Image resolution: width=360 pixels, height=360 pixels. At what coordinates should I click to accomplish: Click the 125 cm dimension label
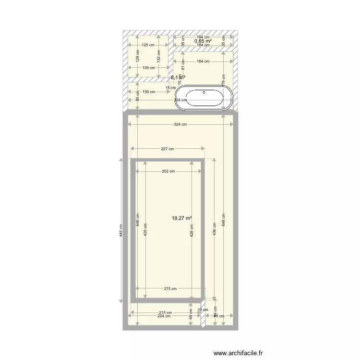click(148, 45)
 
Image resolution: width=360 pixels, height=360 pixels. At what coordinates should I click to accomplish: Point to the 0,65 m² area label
click(203, 41)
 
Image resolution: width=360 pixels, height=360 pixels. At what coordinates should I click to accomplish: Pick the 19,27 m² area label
click(181, 218)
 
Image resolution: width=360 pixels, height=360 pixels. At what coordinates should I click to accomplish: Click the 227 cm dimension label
click(168, 149)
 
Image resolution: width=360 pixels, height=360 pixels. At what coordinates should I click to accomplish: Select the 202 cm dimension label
click(168, 171)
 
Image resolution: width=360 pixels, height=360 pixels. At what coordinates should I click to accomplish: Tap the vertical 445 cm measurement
click(121, 231)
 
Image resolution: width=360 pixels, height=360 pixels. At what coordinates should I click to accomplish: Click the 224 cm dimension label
click(164, 316)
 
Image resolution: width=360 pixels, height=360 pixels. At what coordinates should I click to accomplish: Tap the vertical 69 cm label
click(191, 314)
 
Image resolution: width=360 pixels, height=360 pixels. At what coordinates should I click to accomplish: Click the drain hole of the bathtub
click(204, 92)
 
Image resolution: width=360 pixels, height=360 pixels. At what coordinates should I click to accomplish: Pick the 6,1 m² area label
click(177, 77)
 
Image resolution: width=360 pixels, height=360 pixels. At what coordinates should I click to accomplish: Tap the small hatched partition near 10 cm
click(203, 319)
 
